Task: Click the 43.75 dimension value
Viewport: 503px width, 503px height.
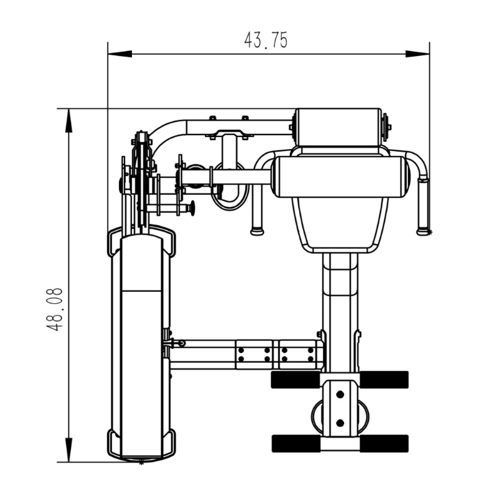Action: pyautogui.click(x=265, y=40)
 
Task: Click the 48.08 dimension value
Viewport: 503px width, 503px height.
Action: pyautogui.click(x=54, y=309)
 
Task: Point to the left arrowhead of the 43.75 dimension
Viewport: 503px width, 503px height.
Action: pyautogui.click(x=120, y=53)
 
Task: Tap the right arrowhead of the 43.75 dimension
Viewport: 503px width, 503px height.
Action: pyautogui.click(x=417, y=53)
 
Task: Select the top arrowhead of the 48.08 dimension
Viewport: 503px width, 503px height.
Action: pyautogui.click(x=69, y=121)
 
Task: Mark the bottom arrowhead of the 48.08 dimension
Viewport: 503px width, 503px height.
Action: pyautogui.click(x=69, y=450)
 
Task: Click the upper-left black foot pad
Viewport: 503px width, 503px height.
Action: pyautogui.click(x=296, y=380)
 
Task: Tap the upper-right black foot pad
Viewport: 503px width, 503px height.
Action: pyautogui.click(x=384, y=380)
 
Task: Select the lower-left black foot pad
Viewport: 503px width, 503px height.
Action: pyautogui.click(x=296, y=444)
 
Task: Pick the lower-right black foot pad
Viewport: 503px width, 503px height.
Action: pyautogui.click(x=384, y=444)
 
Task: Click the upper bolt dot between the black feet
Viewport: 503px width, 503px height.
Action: pyautogui.click(x=340, y=394)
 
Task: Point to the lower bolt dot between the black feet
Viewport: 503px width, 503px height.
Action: pyautogui.click(x=340, y=423)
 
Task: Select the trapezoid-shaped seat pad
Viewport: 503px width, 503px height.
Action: pyautogui.click(x=340, y=224)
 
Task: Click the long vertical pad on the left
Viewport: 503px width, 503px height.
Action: pyautogui.click(x=141, y=348)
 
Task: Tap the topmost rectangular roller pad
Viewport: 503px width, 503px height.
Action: pyautogui.click(x=338, y=128)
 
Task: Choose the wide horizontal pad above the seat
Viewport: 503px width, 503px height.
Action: pyautogui.click(x=340, y=177)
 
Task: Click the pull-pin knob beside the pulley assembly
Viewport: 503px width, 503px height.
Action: pyautogui.click(x=192, y=209)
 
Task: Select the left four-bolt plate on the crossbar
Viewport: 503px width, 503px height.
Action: pyautogui.click(x=255, y=355)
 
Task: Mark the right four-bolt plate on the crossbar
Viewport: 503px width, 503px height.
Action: pyautogui.click(x=297, y=355)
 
